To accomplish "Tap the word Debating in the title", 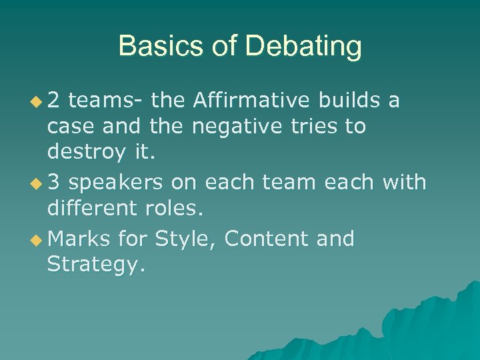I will [x=304, y=47].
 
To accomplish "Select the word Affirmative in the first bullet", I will [x=251, y=100].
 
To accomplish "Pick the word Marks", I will [x=79, y=238].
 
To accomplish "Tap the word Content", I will [x=267, y=238].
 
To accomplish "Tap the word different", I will [x=92, y=209].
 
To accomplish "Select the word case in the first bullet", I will [x=69, y=127].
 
